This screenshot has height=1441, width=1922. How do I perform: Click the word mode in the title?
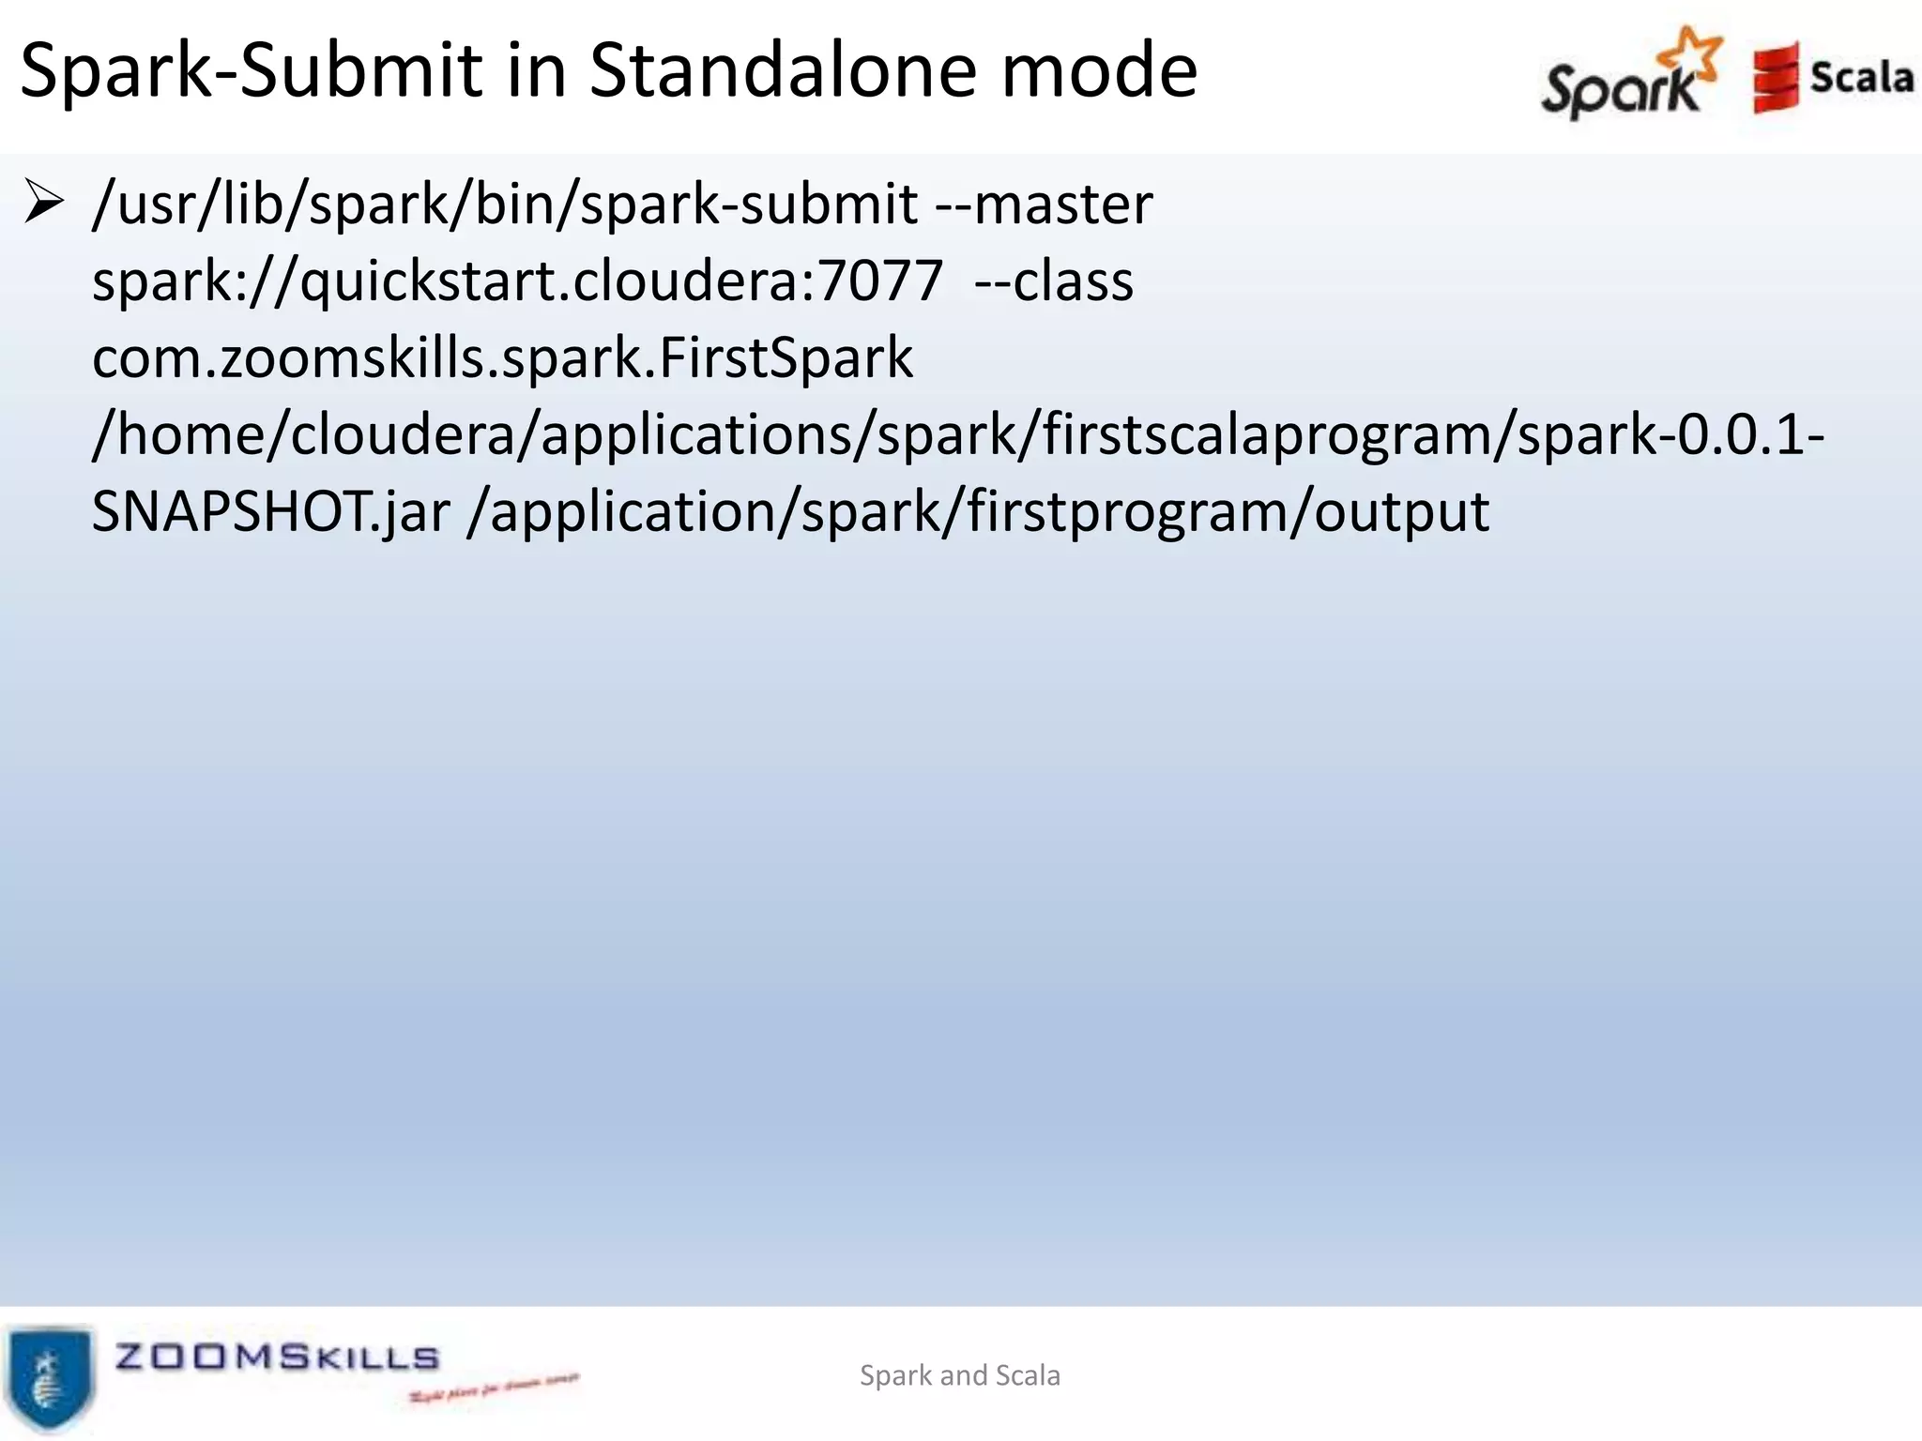(x=1099, y=70)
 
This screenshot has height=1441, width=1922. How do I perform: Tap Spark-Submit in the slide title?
(x=252, y=72)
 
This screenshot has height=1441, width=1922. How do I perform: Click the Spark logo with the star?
(x=1631, y=75)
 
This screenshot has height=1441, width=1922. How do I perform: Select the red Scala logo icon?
(x=1775, y=78)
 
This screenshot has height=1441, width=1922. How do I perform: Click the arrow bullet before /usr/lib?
(x=43, y=203)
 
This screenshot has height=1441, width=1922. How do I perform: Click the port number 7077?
(x=880, y=281)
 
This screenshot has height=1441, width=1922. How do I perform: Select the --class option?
(x=1053, y=281)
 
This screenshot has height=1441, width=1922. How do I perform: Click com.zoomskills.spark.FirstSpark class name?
(x=502, y=358)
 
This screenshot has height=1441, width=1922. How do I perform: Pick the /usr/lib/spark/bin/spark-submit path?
(x=505, y=205)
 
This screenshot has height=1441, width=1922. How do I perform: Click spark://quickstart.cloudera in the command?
(x=450, y=281)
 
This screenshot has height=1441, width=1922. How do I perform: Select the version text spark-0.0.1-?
(x=1670, y=435)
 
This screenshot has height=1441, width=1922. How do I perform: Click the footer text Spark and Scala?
(x=959, y=1375)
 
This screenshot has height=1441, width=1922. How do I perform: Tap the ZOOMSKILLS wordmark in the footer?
(x=277, y=1357)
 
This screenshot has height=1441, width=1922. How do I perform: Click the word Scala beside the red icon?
(x=1861, y=77)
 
